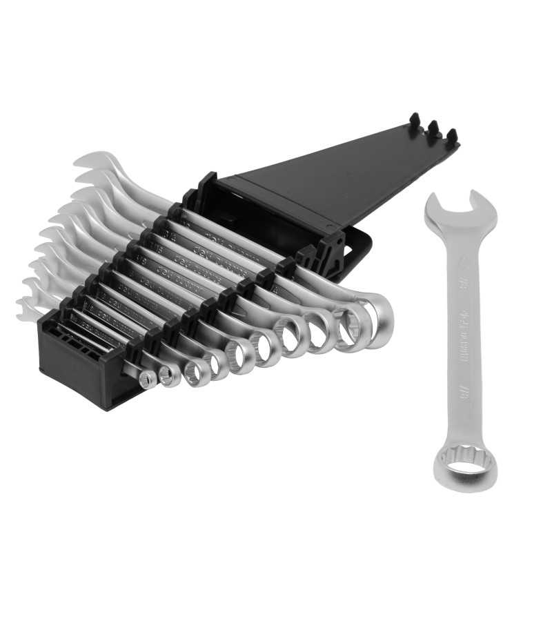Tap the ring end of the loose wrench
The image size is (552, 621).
tap(464, 469)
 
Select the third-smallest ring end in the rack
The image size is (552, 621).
tap(196, 371)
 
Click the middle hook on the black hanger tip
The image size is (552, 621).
tap(433, 128)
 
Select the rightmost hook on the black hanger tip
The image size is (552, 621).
tap(452, 135)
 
